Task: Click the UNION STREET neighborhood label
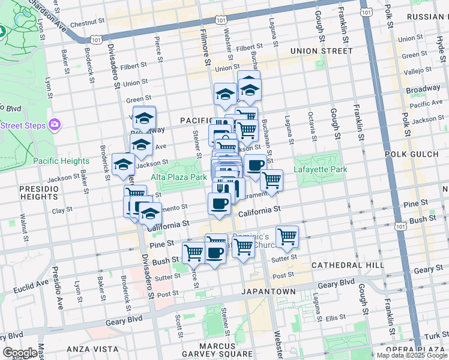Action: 321,51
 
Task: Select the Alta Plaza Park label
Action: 179,177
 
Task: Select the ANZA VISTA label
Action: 86,349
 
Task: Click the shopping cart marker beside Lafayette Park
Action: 272,179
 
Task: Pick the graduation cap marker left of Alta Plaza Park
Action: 123,164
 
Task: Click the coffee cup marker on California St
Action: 219,203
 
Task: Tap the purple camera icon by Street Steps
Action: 55,124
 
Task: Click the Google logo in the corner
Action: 20,353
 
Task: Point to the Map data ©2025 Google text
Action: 412,355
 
